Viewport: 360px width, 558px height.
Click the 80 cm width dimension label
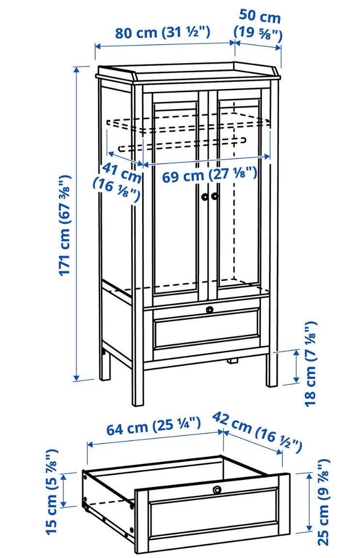(163, 33)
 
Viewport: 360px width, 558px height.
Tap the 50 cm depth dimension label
(259, 25)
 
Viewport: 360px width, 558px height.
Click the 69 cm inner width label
(210, 175)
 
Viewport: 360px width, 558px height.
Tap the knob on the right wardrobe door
(214, 196)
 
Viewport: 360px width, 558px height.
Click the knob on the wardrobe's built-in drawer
(210, 309)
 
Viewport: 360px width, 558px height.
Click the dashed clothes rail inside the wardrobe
(181, 144)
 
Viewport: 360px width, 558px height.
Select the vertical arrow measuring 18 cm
(296, 366)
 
